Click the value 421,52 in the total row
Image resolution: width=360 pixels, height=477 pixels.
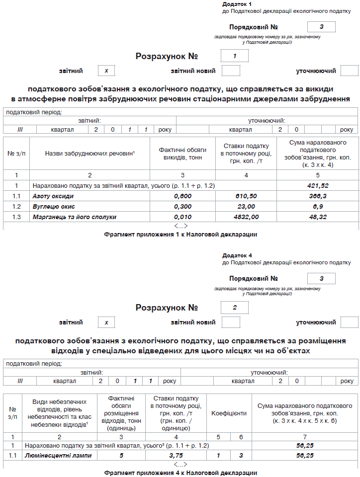coord(318,185)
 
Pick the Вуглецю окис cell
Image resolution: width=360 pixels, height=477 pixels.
coord(53,207)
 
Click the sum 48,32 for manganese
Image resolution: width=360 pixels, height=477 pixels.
coord(318,217)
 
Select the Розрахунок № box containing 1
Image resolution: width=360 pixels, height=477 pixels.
coord(234,56)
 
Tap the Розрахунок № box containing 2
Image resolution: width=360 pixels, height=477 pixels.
coord(234,308)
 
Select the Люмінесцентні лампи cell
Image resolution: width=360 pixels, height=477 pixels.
coord(58,455)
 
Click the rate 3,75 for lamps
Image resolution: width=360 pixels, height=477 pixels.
coord(176,455)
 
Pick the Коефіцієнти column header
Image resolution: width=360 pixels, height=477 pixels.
coord(229,413)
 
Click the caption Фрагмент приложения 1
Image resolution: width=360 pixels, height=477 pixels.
coord(180,234)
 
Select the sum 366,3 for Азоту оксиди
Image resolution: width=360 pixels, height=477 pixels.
coord(318,196)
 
